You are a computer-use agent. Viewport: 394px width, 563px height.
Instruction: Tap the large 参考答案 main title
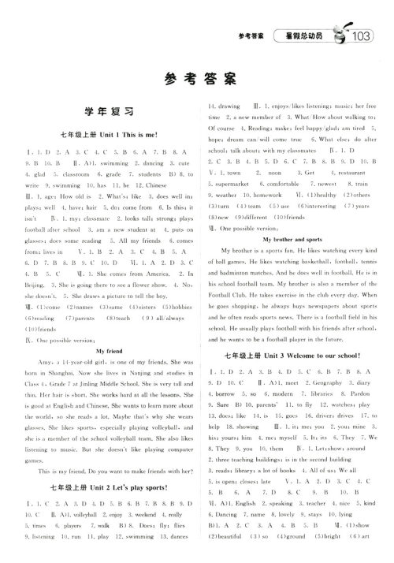click(197, 78)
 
